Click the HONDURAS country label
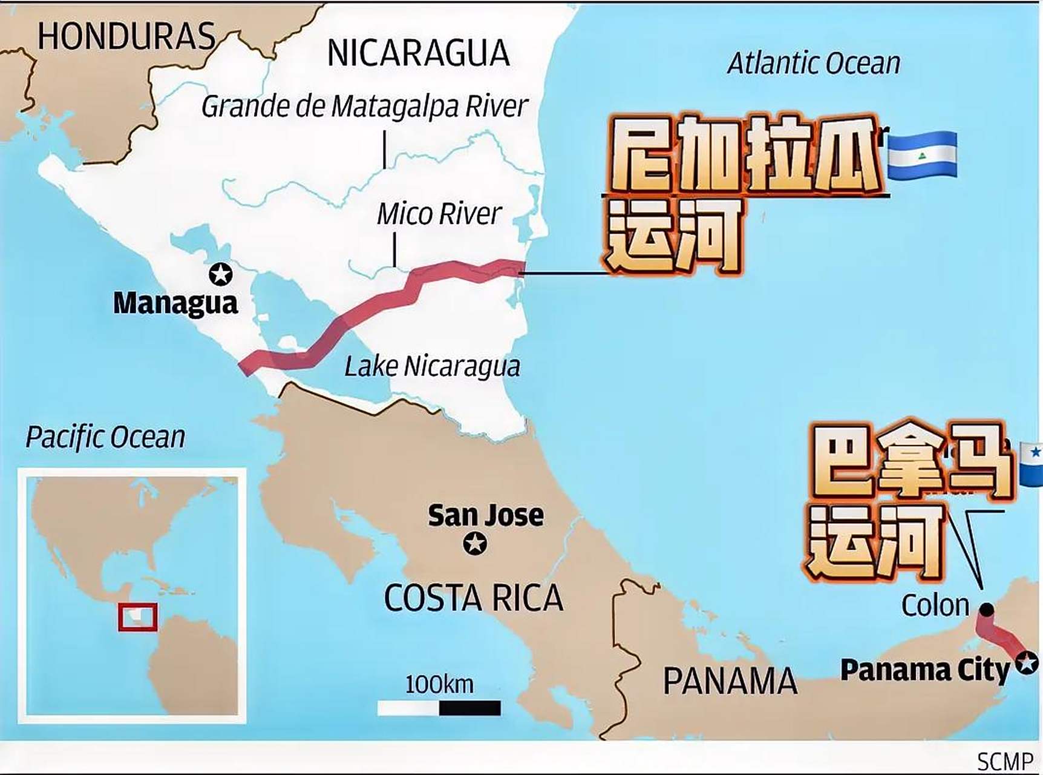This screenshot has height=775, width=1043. pos(126,36)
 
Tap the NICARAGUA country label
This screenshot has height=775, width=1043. pos(418,53)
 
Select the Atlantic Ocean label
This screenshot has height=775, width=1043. pos(814,64)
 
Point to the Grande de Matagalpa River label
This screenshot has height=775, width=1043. pos(365,107)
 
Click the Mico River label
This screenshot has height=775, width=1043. pos(439,214)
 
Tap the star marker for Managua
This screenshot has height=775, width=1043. pos(221,274)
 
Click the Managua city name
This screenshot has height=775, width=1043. pos(175,303)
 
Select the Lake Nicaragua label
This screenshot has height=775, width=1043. pos(432,366)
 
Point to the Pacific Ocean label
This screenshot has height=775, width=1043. pos(105,437)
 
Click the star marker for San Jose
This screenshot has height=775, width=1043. pos(475,543)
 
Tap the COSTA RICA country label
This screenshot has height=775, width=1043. pos(473,598)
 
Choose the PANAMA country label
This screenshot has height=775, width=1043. pos(730,681)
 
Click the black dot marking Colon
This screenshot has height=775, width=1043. pos(987,610)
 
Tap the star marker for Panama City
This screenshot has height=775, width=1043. pos(1027,663)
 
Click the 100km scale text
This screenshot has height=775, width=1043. pos(439,685)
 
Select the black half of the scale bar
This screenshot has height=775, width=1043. pos(470,708)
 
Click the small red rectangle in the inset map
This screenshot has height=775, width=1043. pos(138,617)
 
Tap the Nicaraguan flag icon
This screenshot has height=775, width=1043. pos(922,156)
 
